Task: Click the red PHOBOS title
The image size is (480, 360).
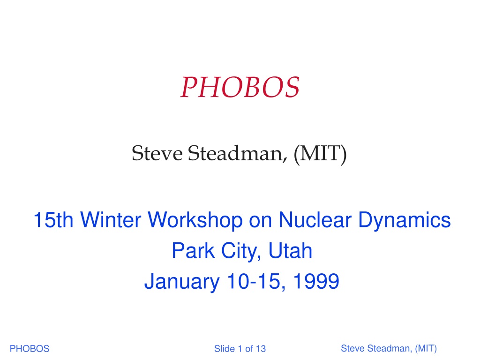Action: point(240,87)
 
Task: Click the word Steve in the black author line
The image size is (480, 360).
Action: point(157,153)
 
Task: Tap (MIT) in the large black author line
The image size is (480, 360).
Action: point(320,154)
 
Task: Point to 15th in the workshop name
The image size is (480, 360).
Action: point(53,220)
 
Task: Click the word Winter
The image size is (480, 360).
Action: point(111,220)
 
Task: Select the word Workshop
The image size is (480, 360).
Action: point(195,220)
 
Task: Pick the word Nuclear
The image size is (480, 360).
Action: point(315,220)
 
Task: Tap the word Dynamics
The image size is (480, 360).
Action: point(404,220)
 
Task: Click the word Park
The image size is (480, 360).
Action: point(193,250)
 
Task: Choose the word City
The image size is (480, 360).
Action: point(241,251)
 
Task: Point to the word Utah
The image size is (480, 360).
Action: point(290,250)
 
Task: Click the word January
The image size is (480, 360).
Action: point(182,282)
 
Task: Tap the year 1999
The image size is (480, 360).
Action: point(316,281)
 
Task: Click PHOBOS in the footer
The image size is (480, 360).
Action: point(30,348)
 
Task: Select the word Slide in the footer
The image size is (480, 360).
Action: point(225,348)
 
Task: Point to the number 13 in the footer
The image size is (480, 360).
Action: point(261,348)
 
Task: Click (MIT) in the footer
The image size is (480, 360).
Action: point(426,349)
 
